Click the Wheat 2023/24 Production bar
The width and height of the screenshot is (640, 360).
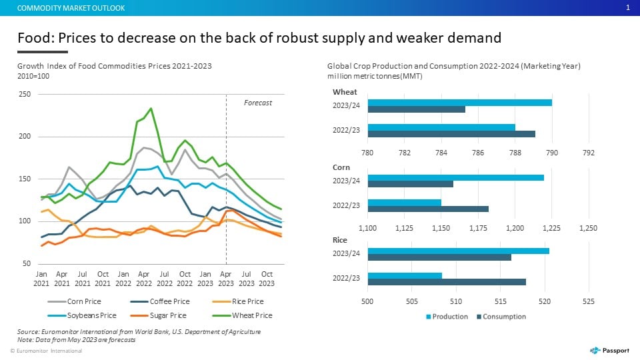pyautogui.click(x=459, y=103)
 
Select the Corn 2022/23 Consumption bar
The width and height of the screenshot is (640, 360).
pyautogui.click(x=428, y=209)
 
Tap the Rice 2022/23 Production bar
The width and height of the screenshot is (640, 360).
pyautogui.click(x=405, y=275)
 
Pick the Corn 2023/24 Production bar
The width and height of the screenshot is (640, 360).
pyautogui.click(x=456, y=177)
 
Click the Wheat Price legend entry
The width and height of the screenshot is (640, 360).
pyautogui.click(x=243, y=315)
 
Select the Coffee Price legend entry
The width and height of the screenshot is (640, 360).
pyautogui.click(x=160, y=301)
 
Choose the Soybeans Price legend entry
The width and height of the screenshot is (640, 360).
pyautogui.click(x=82, y=315)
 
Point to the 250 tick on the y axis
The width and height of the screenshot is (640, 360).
pyautogui.click(x=25, y=94)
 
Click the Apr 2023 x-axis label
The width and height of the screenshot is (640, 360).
pyautogui.click(x=226, y=279)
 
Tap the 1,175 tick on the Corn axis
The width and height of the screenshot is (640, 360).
pyautogui.click(x=478, y=228)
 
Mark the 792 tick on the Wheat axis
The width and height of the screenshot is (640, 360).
pyautogui.click(x=589, y=153)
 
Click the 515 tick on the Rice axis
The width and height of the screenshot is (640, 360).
pyautogui.click(x=501, y=301)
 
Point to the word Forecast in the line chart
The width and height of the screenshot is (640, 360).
pyautogui.click(x=258, y=103)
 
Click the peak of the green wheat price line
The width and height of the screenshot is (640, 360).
pyautogui.click(x=151, y=108)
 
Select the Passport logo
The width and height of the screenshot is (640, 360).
pyautogui.click(x=609, y=350)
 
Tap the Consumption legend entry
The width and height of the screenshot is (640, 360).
pyautogui.click(x=501, y=317)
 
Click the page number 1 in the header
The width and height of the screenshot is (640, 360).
pyautogui.click(x=628, y=8)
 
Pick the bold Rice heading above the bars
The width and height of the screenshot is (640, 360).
pyautogui.click(x=339, y=240)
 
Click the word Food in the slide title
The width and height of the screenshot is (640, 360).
pyautogui.click(x=35, y=38)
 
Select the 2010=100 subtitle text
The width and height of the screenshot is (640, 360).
pyautogui.click(x=33, y=76)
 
